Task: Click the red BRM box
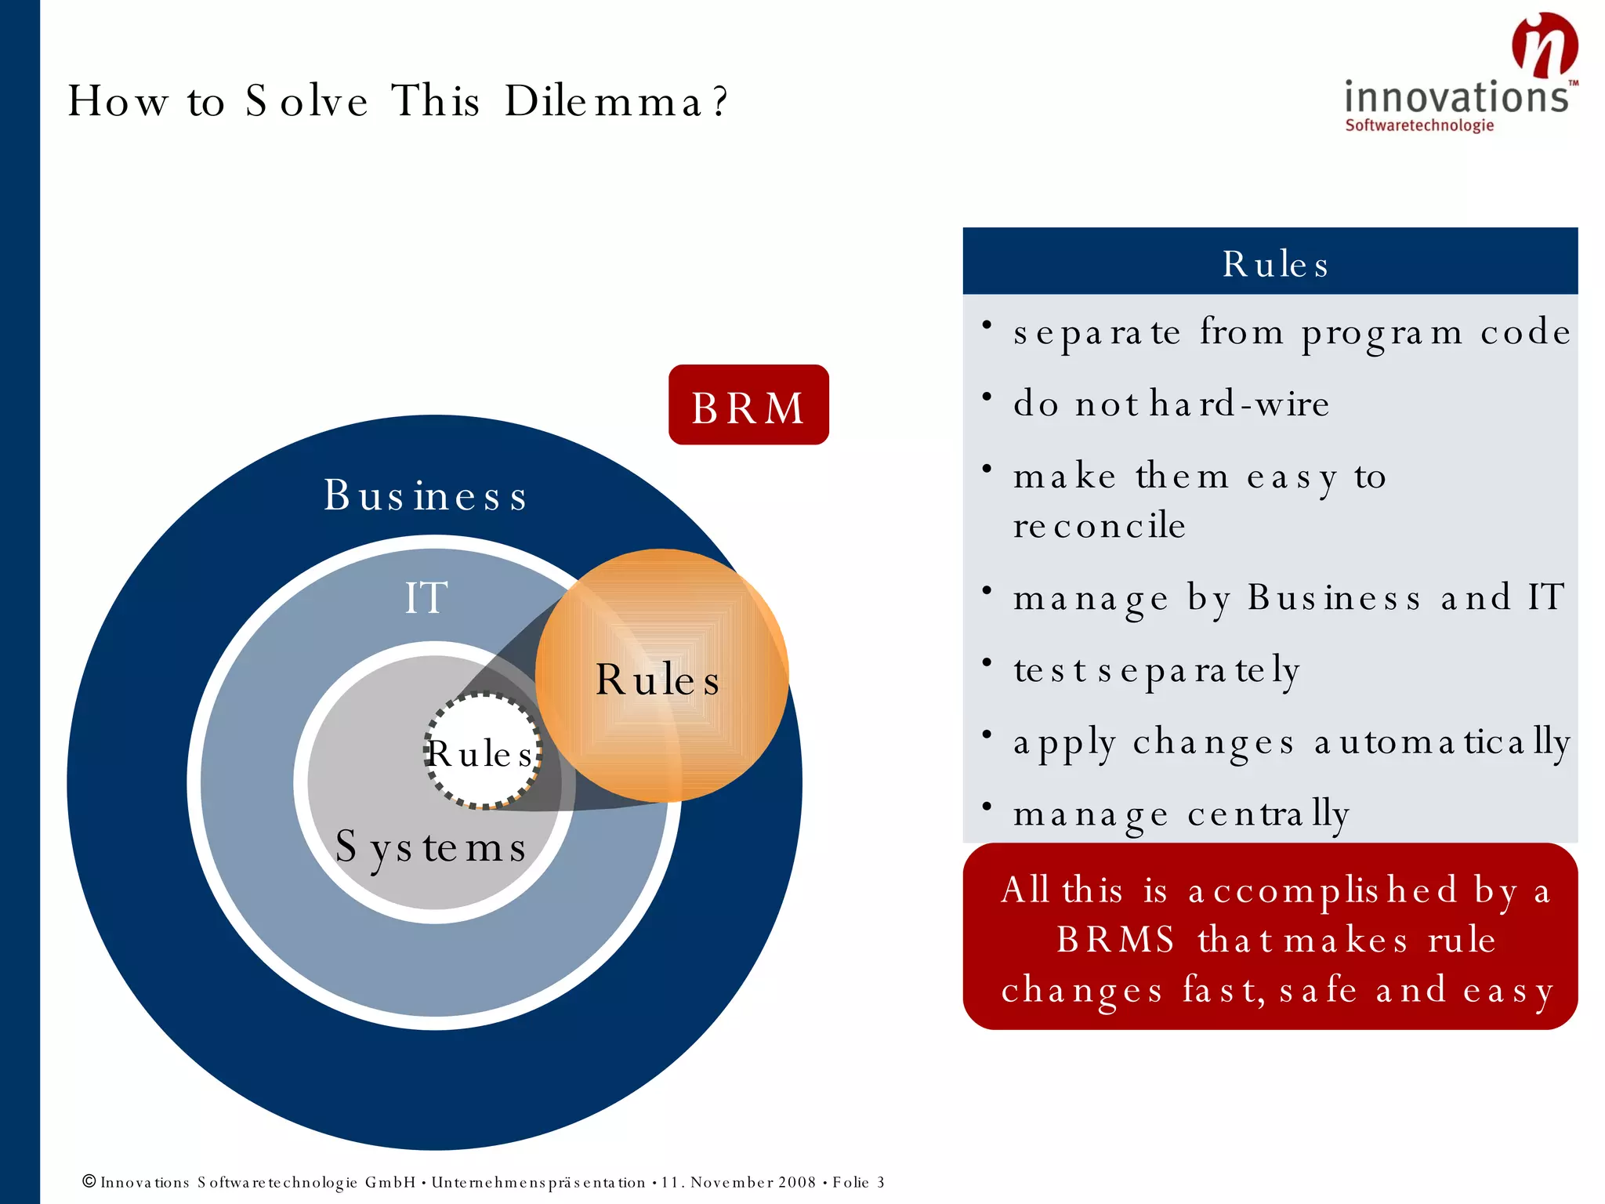click(748, 405)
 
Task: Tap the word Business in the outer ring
click(426, 495)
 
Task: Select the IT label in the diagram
click(426, 597)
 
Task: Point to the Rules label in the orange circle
click(658, 679)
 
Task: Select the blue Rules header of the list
click(1270, 262)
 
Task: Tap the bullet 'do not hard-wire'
click(1171, 404)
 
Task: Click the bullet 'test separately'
click(1157, 671)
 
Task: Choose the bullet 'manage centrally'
click(1180, 814)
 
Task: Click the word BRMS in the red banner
click(1115, 939)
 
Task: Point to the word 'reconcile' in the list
click(1099, 525)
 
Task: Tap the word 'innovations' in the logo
click(1456, 98)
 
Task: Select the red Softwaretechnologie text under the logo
click(1419, 125)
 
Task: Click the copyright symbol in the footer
click(89, 1181)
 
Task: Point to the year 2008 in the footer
click(796, 1182)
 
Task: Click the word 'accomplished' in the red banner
click(1323, 891)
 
